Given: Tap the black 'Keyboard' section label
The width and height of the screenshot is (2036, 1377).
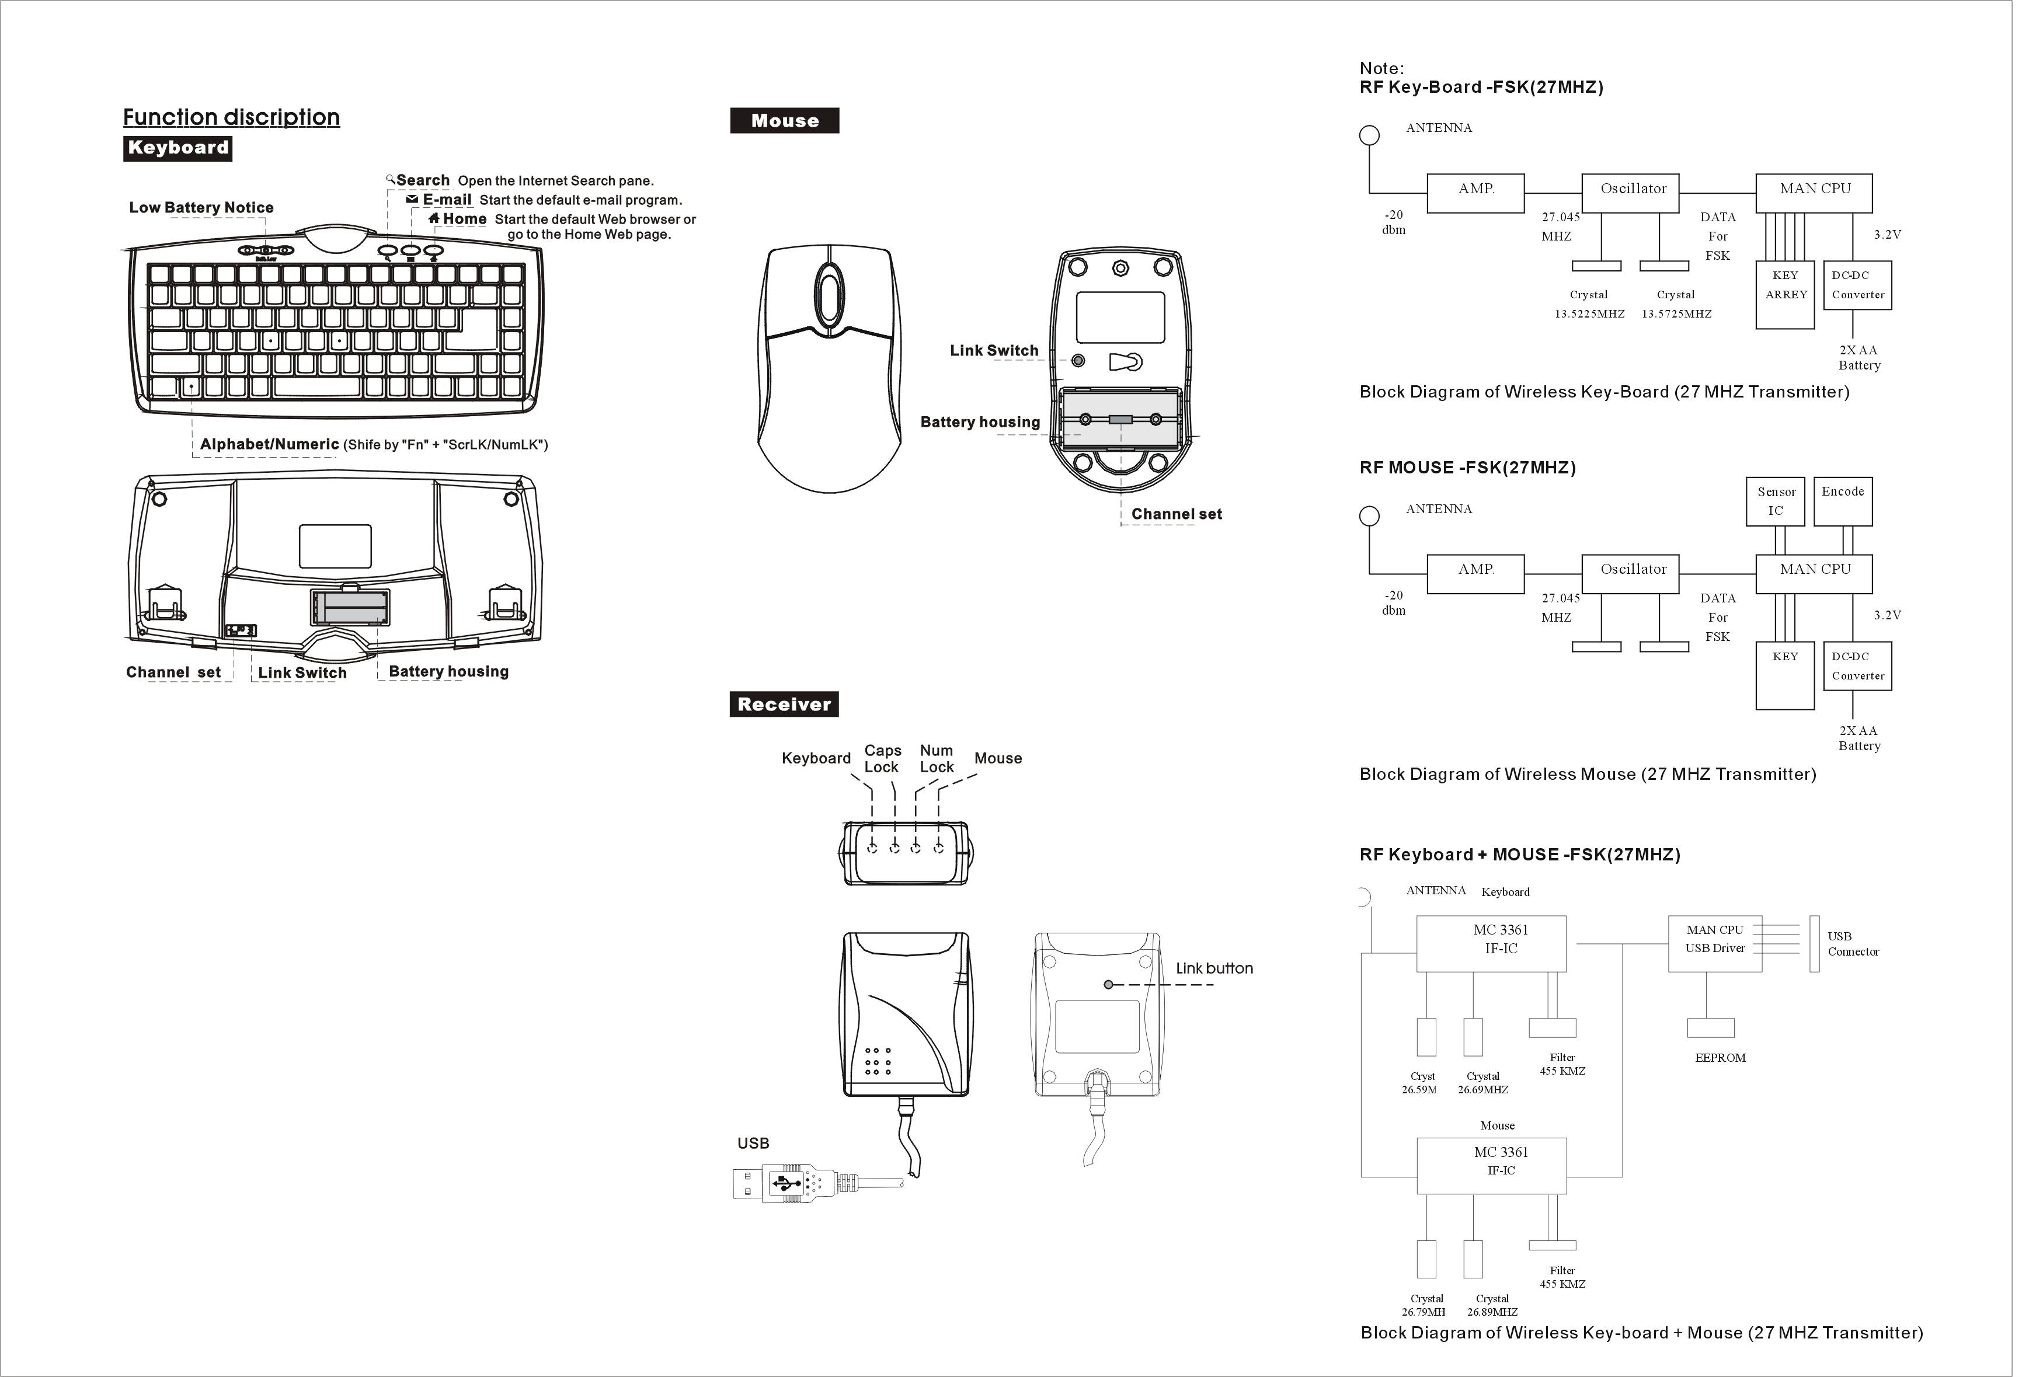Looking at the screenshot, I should click(x=178, y=148).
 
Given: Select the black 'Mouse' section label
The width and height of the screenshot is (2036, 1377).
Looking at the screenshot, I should click(x=784, y=121).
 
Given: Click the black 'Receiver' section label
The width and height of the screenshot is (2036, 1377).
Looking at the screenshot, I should click(x=784, y=705).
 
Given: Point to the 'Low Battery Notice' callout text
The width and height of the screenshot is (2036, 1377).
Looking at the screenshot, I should click(x=201, y=208).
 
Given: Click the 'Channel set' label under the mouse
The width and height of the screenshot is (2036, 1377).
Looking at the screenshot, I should click(x=1177, y=514).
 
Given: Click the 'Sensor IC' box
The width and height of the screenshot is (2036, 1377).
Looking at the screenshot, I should click(x=1776, y=501).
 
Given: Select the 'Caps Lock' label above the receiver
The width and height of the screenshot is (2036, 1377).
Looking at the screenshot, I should click(x=882, y=759).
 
